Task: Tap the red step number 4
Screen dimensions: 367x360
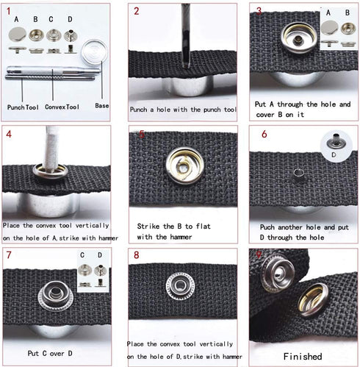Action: [x=9, y=135]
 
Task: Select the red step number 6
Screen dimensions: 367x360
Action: [x=264, y=135]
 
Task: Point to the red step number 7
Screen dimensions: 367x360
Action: [x=9, y=256]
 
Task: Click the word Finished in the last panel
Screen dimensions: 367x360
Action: [x=301, y=356]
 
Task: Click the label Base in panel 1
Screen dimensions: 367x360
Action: [x=101, y=106]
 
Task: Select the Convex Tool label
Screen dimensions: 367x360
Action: [x=62, y=107]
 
